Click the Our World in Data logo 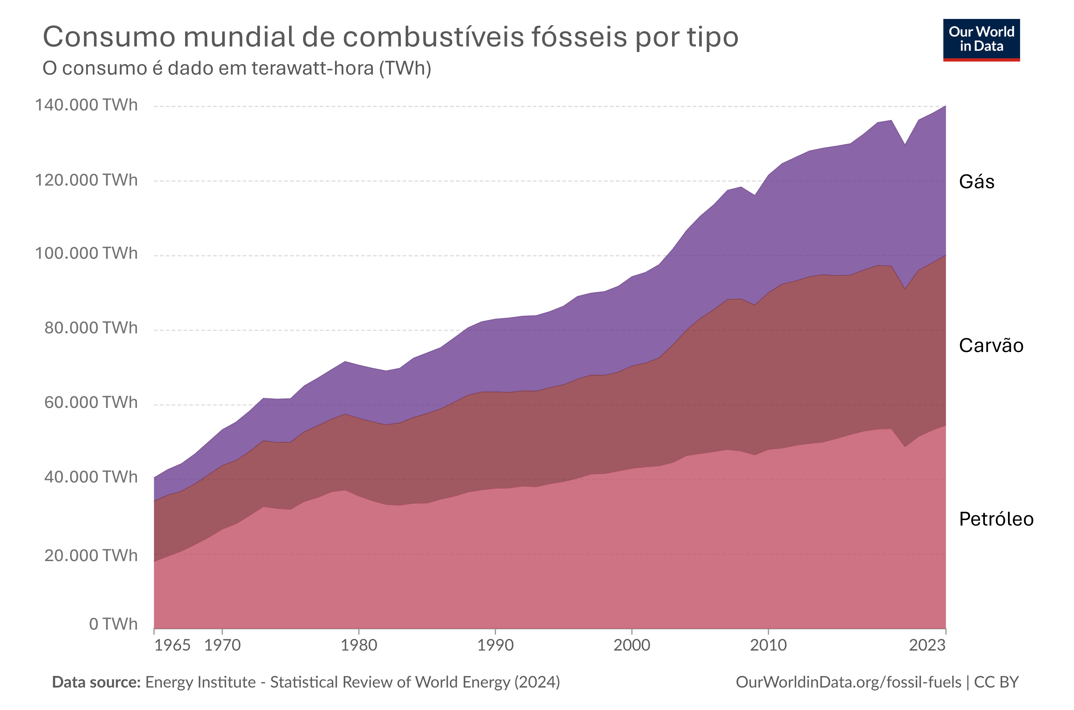[x=981, y=40]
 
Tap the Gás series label [x=977, y=182]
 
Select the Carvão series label [x=991, y=345]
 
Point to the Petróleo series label [x=996, y=519]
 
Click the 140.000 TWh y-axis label [x=86, y=105]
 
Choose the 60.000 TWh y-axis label [x=91, y=402]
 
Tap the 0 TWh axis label [x=113, y=624]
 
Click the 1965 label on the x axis [x=172, y=645]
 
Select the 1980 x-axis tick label [x=359, y=645]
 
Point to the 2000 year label [x=632, y=645]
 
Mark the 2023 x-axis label [x=927, y=645]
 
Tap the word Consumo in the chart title [x=109, y=37]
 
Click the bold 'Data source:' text [x=96, y=682]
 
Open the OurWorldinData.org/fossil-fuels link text [x=848, y=682]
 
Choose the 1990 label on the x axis [x=495, y=645]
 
